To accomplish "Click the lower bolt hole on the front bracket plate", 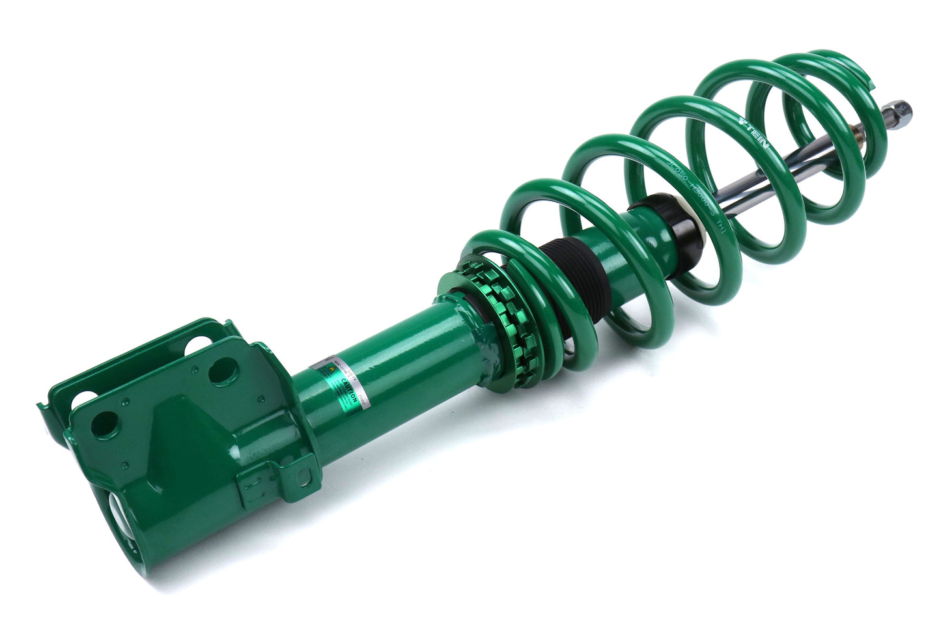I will [x=102, y=425].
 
